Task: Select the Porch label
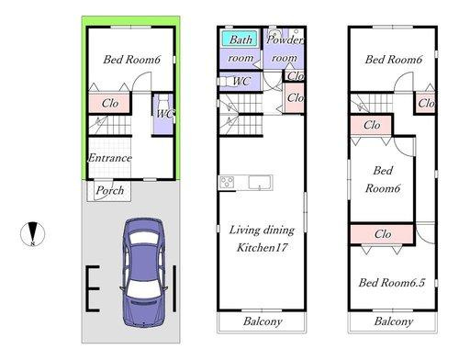[110, 191]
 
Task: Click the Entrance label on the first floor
[109, 158]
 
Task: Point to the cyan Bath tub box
[241, 40]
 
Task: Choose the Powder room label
[284, 49]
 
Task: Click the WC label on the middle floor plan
[242, 81]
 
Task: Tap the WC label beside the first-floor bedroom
[164, 113]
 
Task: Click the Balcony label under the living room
[262, 322]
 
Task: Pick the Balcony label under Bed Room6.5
[393, 322]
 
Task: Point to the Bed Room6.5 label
[393, 282]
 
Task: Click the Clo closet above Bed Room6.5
[382, 235]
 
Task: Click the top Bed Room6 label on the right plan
[393, 61]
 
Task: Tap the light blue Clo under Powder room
[296, 75]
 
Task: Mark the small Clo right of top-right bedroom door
[426, 103]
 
